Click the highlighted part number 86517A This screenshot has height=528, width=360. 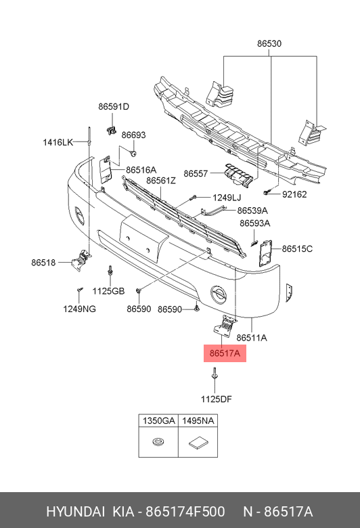pos(225,353)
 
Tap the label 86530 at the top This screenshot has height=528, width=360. pos(269,43)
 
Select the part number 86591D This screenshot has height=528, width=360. pos(114,106)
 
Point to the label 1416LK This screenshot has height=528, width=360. pos(58,142)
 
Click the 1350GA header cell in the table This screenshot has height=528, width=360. pos(158,420)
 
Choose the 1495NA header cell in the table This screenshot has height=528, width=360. pos(198,420)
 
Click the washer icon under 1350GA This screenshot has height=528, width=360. pos(158,442)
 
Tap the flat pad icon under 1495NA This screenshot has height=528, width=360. pos(198,443)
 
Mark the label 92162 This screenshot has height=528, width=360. pos(294,194)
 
